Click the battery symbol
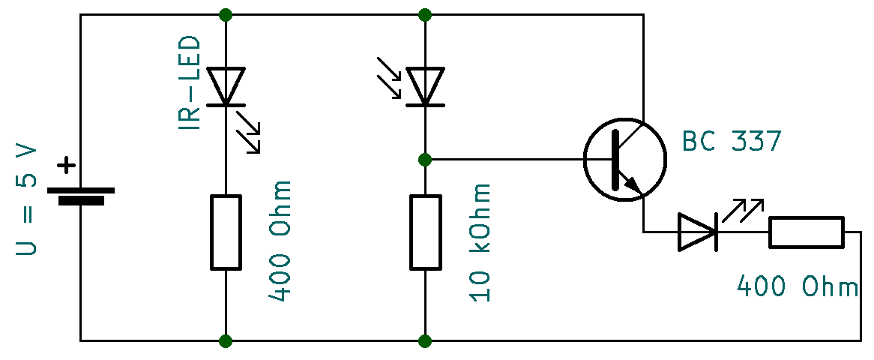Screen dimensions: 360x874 [x=81, y=196]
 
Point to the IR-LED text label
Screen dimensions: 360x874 [x=190, y=83]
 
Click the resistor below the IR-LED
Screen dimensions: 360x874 [x=226, y=232]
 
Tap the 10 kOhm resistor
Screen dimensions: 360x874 [x=425, y=232]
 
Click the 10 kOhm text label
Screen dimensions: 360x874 [x=481, y=241]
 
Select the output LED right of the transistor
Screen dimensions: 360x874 [x=698, y=232]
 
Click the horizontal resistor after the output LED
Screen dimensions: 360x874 [x=807, y=232]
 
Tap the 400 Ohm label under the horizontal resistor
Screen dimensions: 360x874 [x=797, y=286]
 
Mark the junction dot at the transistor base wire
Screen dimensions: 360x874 [x=425, y=159]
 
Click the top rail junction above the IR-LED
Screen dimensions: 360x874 [x=226, y=14]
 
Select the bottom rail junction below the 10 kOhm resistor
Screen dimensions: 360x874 [x=425, y=341]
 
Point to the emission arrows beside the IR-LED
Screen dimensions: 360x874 [x=249, y=131]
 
